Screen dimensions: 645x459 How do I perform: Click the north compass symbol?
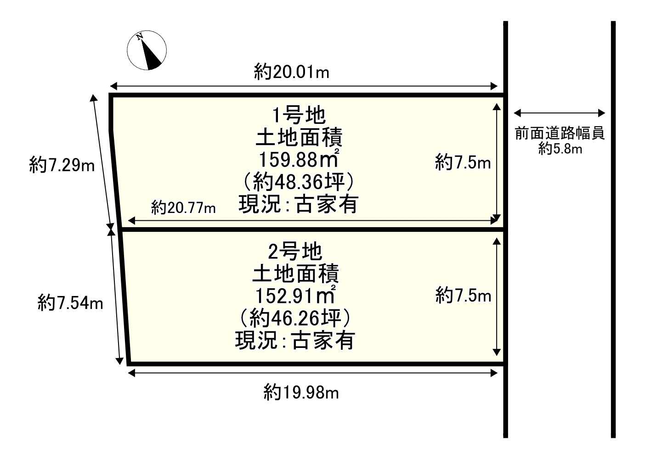tap(147, 50)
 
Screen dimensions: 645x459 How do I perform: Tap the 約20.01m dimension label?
tap(291, 72)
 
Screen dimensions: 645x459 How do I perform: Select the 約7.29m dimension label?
tap(62, 165)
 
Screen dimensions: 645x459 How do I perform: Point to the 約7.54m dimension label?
tap(70, 303)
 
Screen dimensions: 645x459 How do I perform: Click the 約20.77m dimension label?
tap(183, 207)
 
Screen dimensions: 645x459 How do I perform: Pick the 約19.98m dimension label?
tap(301, 392)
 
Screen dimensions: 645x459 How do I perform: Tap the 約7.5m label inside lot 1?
tap(463, 163)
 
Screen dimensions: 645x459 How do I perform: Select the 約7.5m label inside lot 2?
tap(463, 296)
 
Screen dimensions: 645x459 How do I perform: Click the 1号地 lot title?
tap(299, 115)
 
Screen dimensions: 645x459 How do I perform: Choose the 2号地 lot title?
tap(295, 252)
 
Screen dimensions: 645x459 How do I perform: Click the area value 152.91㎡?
tap(295, 295)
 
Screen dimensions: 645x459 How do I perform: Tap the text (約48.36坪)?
tap(299, 182)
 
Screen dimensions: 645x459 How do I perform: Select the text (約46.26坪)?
tap(295, 318)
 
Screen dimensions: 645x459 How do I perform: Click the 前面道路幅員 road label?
tap(560, 133)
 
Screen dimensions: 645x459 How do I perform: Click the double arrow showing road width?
tap(560, 113)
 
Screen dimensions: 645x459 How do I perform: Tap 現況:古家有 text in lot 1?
tap(299, 204)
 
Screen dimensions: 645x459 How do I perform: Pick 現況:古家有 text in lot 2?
tap(295, 341)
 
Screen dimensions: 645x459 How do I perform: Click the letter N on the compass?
tap(140, 37)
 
